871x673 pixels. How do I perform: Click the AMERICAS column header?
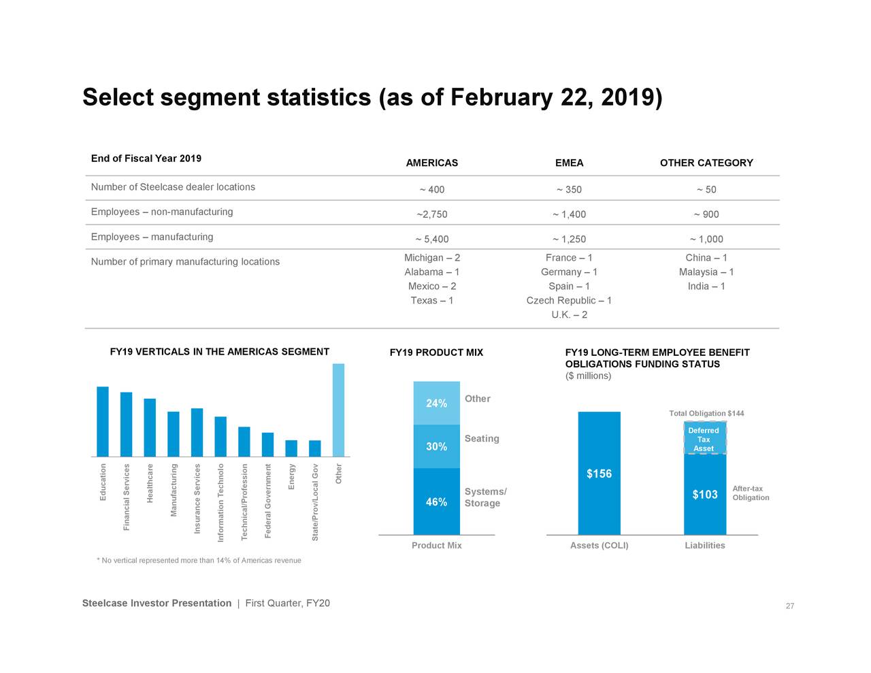(431, 163)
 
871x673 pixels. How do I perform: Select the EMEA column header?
(569, 163)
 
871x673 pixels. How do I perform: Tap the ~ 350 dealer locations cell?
(569, 190)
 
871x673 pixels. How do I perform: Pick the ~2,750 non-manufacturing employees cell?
(431, 214)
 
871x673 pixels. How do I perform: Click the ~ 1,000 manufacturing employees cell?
(706, 240)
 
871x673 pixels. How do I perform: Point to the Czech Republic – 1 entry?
(569, 301)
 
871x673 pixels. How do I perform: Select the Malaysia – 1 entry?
(706, 272)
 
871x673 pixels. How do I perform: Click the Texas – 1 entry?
(431, 301)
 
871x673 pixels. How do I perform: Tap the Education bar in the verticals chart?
(103, 421)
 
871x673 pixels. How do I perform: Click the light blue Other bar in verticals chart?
(338, 410)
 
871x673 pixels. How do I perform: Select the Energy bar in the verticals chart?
(291, 448)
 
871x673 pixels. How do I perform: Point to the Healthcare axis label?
(150, 483)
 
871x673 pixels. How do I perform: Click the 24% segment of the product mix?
(436, 404)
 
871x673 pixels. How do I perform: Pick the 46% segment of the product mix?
(436, 502)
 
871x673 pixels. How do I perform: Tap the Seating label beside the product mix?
(482, 439)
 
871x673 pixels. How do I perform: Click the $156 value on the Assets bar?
(599, 474)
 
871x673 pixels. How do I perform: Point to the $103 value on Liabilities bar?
(704, 495)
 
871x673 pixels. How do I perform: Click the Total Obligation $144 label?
(706, 414)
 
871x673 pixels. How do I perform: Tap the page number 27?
(789, 606)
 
